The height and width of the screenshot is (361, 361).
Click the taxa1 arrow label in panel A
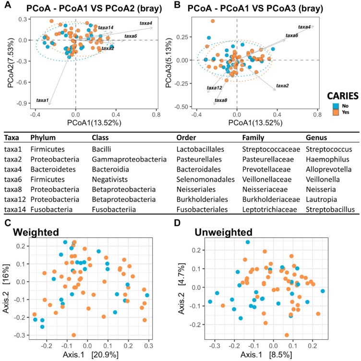42,100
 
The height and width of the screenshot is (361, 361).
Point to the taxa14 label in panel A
106,28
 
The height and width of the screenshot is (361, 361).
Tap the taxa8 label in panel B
221,100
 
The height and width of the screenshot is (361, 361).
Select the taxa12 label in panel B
214,88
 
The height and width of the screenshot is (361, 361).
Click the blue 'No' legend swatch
336,106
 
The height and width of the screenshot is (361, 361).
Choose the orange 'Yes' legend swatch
336,112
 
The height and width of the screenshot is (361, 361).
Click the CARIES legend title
343,96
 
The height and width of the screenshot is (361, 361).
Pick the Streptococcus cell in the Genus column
329,149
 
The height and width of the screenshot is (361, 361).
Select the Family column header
253,137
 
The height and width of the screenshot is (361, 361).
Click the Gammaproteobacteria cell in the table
129,159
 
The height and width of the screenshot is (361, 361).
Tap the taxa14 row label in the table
15,209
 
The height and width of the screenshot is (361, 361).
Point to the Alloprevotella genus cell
328,169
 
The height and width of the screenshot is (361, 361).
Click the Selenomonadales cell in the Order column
205,179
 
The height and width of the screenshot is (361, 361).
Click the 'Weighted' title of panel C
36,232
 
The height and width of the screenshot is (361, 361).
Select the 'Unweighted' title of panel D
224,232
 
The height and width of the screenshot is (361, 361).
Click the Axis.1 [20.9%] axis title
90,355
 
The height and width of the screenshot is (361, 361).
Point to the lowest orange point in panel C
73,335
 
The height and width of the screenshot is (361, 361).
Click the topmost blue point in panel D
248,242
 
